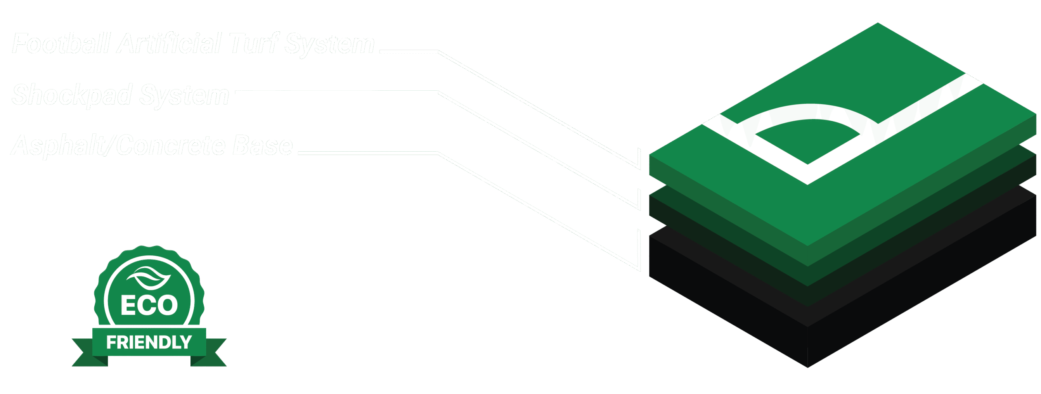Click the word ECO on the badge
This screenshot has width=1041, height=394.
click(x=149, y=305)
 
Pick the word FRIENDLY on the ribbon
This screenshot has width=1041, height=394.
click(x=149, y=342)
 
